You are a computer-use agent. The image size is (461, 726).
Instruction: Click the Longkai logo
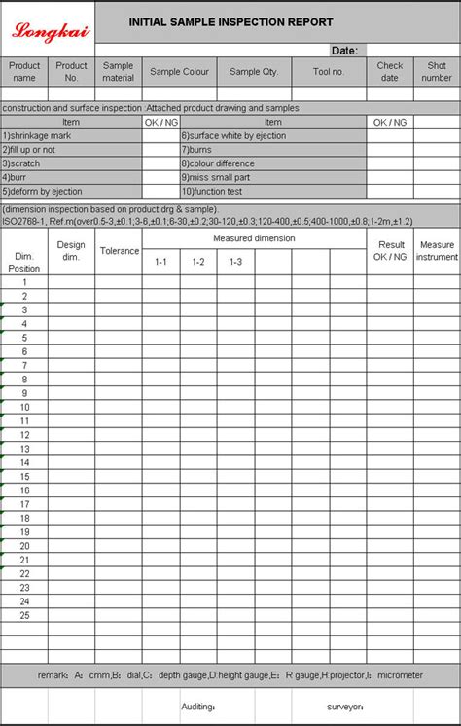50,30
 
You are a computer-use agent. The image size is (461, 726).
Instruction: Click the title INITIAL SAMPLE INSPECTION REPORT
230,22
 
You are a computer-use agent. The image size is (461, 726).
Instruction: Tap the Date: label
344,50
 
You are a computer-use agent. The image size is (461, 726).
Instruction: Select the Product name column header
24,71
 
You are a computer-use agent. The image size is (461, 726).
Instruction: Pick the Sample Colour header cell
179,72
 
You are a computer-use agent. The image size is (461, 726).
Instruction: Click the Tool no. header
329,72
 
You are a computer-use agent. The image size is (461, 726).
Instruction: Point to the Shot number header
437,71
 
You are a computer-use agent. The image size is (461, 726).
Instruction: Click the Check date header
390,71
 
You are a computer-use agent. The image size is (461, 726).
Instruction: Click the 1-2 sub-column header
198,262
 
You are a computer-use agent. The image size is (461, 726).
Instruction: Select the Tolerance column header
120,251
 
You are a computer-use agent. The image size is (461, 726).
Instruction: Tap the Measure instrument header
437,251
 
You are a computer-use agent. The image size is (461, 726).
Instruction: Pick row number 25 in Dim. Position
24,615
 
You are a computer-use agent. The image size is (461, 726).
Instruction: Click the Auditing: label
198,707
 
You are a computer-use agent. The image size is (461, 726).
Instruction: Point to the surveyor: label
345,707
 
